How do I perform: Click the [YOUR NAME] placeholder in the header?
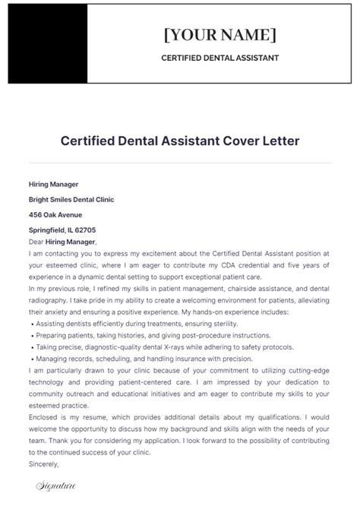(x=219, y=35)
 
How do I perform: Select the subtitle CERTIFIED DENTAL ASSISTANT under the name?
(x=219, y=58)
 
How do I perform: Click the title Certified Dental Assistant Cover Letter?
(x=180, y=141)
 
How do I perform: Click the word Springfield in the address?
(x=47, y=229)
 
